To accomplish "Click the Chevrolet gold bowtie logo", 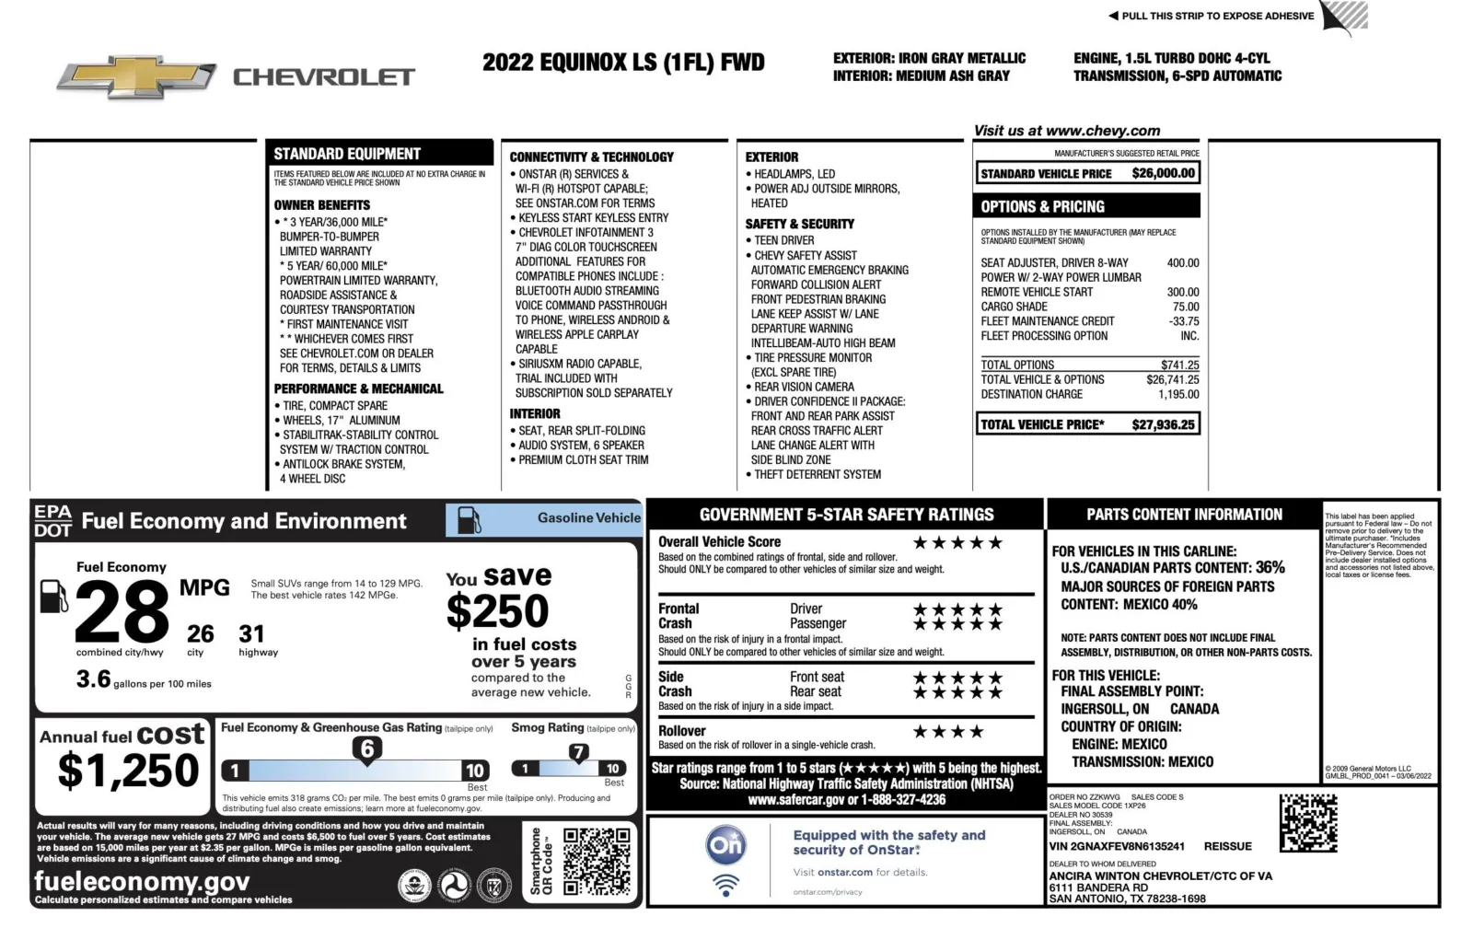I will (x=136, y=76).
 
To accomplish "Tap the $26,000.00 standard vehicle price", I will (x=1163, y=173).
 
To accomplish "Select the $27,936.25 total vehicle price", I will (x=1163, y=424).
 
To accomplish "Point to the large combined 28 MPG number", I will (x=122, y=612).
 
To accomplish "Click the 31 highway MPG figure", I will (x=251, y=633).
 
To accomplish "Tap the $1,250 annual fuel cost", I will (x=128, y=770).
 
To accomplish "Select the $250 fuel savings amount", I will (x=497, y=611).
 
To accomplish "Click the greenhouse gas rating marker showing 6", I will (x=367, y=748).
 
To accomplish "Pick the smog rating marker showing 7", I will (x=578, y=752).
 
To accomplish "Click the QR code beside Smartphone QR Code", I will (x=597, y=861).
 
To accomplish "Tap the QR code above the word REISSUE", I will (x=1307, y=822).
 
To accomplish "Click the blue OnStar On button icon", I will (x=725, y=844).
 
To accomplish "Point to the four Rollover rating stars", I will (x=948, y=732).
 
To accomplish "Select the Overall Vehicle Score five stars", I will (x=957, y=542).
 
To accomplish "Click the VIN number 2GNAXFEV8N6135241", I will (x=1117, y=846).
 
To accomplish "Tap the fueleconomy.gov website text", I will (x=142, y=881).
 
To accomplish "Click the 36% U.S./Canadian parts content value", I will (x=1270, y=567).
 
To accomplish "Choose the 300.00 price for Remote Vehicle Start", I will (x=1183, y=292).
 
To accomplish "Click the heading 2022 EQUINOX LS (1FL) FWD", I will (x=623, y=63).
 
